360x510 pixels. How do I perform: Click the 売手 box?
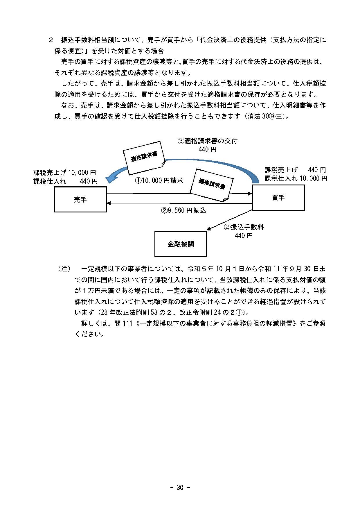click(x=80, y=200)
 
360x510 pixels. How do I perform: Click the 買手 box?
click(x=278, y=198)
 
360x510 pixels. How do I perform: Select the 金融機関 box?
click(x=180, y=244)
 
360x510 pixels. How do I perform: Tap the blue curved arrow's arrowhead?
click(x=110, y=178)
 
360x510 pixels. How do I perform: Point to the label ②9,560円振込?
click(x=183, y=210)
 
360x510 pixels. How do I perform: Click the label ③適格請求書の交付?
click(x=207, y=141)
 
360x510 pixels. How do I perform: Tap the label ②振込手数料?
click(x=244, y=227)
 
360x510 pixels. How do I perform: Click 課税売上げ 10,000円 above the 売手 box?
click(x=64, y=173)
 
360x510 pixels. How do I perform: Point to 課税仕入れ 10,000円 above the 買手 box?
click(x=296, y=178)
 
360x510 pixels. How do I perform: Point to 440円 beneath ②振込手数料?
click(x=244, y=235)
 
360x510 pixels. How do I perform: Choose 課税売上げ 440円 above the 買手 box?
click(x=295, y=170)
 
